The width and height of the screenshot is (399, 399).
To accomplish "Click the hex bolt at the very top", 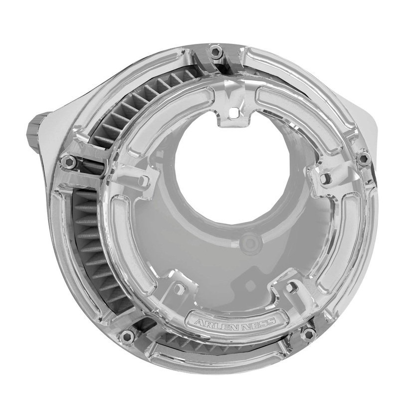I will point(215,51).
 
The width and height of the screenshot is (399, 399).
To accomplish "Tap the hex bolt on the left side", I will point(68,161).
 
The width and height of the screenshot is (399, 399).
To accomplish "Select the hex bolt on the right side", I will point(364,158).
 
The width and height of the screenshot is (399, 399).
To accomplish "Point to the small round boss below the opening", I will point(248,243).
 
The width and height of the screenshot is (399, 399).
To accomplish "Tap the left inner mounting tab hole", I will point(143,180).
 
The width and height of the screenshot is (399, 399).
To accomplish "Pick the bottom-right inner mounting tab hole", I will point(292,287).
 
